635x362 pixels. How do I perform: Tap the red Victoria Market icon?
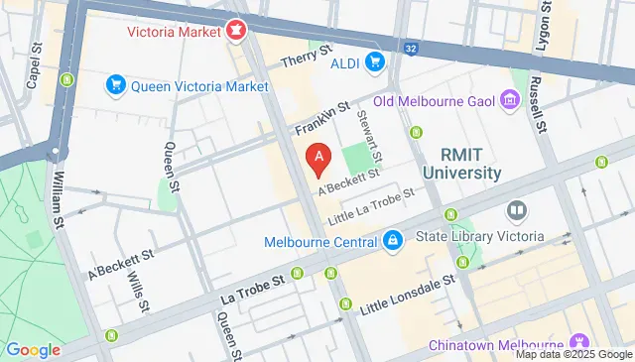(236, 31)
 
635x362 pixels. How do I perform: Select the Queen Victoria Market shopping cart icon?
(116, 86)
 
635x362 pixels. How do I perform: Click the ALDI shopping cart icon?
(375, 63)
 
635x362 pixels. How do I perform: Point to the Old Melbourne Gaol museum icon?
(511, 99)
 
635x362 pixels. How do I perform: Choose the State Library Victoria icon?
(516, 211)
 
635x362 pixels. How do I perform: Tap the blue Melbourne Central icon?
(393, 241)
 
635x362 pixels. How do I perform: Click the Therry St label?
(305, 60)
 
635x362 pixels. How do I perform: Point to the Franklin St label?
(322, 118)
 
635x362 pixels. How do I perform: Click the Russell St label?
(536, 106)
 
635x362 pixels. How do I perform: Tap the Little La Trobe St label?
(371, 198)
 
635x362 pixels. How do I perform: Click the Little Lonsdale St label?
(407, 295)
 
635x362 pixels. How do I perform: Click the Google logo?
(34, 349)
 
